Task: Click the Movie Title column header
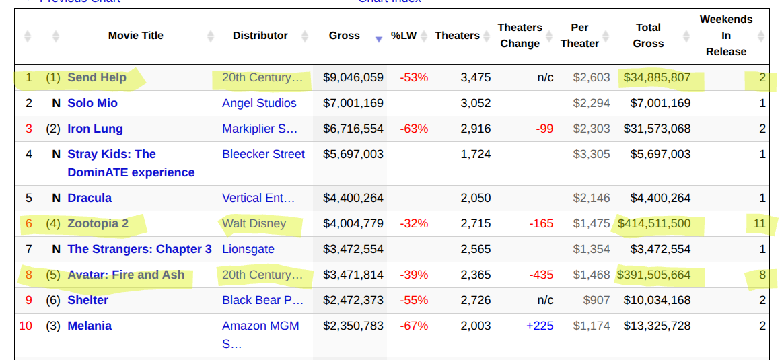coord(135,36)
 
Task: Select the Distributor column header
coord(260,36)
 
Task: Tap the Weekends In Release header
coord(725,36)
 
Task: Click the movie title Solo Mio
coord(92,103)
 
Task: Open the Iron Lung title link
coord(95,129)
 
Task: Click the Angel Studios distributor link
coord(259,103)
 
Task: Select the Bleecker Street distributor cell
coord(263,154)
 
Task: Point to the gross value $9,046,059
coord(353,77)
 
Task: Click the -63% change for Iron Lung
coord(414,129)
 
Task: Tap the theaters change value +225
coord(540,326)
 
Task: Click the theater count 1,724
coord(475,154)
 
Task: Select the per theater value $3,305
coord(592,154)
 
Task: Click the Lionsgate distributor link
coord(248,249)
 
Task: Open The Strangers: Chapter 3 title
coord(139,249)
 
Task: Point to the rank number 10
coord(26,326)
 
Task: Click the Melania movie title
coord(90,326)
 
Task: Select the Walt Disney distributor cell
coord(254,223)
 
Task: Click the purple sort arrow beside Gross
coord(379,39)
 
